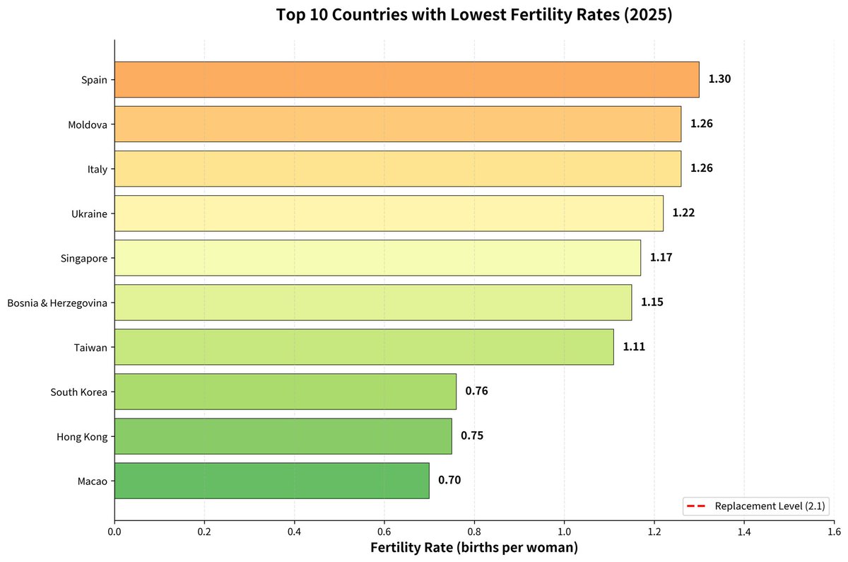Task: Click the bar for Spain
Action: [407, 79]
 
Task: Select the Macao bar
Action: [272, 481]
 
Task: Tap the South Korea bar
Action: [285, 392]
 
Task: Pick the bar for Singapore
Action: [378, 258]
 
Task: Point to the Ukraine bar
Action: [389, 213]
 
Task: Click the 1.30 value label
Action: [719, 78]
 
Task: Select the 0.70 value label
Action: [449, 480]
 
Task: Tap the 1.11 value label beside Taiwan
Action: [634, 346]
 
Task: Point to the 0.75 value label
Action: [472, 435]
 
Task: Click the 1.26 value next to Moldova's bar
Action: [702, 124]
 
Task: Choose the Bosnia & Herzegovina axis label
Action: [57, 303]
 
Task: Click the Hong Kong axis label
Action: [82, 437]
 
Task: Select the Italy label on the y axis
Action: [98, 169]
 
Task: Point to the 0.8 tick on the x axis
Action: [474, 532]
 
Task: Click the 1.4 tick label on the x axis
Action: [744, 532]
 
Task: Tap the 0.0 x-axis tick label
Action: [114, 532]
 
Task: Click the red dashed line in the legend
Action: [696, 506]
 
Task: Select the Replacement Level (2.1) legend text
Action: [770, 506]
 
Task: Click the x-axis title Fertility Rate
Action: [412, 548]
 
